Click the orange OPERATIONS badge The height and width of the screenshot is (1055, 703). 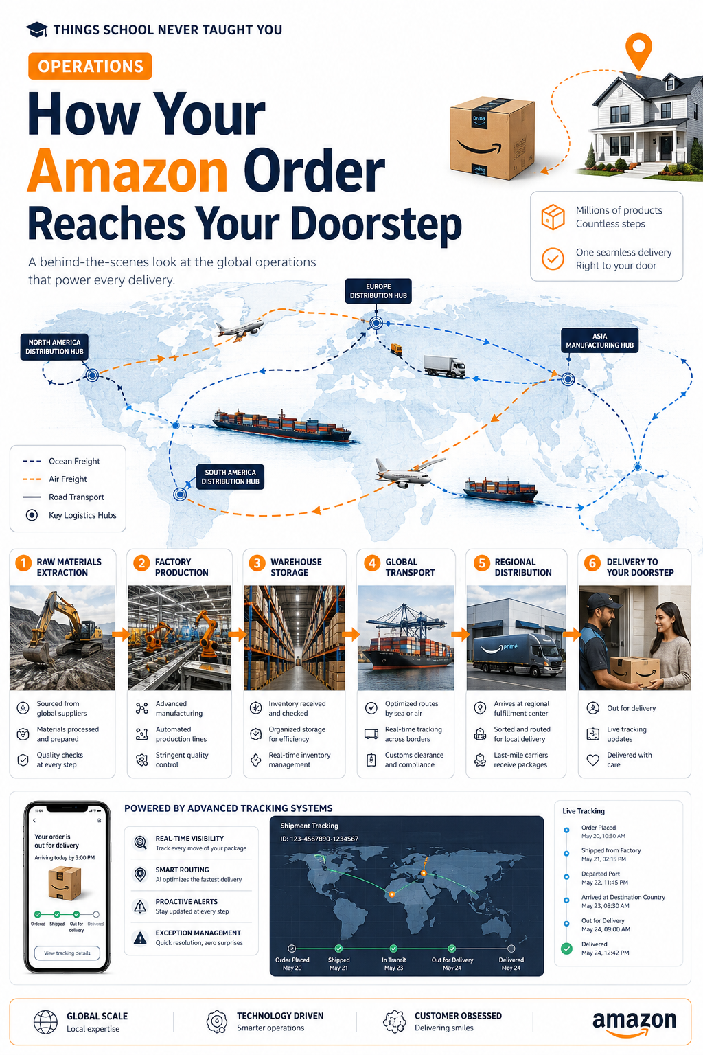(x=90, y=66)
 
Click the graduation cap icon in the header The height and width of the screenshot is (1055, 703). (x=36, y=30)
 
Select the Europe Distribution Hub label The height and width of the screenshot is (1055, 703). (x=378, y=291)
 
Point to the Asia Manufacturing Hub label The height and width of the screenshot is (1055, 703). (x=599, y=341)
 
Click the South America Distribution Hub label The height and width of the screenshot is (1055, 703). (x=230, y=477)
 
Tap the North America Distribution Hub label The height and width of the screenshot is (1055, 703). (x=54, y=347)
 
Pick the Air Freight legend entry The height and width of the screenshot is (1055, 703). (x=55, y=479)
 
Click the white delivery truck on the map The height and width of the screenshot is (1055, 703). (x=444, y=366)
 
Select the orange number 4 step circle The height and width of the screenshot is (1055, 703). (x=372, y=563)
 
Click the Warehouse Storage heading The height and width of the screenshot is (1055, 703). (x=296, y=567)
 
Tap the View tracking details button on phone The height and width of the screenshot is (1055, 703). (x=67, y=953)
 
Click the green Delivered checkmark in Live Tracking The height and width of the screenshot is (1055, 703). (x=567, y=949)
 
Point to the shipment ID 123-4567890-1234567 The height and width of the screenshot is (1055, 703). (x=319, y=839)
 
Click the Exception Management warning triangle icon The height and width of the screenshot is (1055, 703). (x=140, y=938)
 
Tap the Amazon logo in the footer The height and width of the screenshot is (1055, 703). (x=634, y=1023)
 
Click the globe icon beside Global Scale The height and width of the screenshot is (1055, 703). (x=46, y=1022)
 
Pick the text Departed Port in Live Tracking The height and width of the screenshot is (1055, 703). (x=600, y=874)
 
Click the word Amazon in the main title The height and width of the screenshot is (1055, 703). (x=128, y=170)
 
